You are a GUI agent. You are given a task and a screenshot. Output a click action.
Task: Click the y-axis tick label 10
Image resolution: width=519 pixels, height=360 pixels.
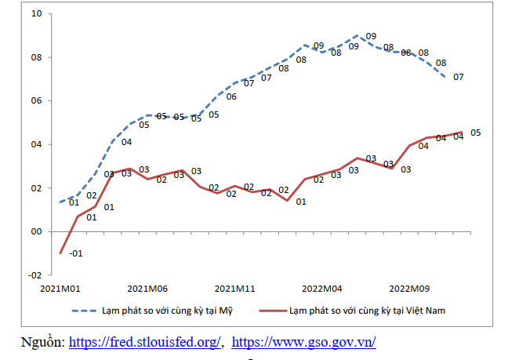click(37, 13)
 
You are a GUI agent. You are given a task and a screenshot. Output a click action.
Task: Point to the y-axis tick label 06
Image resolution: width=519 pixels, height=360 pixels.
click(37, 100)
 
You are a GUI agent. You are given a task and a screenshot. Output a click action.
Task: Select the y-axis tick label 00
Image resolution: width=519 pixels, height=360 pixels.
click(37, 231)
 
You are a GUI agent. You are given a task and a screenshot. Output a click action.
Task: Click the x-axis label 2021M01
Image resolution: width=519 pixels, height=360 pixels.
click(60, 288)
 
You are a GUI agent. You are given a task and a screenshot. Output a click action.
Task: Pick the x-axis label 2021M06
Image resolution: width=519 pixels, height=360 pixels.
click(147, 288)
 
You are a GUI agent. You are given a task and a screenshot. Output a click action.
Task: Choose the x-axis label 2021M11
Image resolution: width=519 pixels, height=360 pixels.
click(235, 288)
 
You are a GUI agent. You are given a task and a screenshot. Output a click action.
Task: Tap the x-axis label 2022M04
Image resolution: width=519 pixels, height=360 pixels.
click(322, 288)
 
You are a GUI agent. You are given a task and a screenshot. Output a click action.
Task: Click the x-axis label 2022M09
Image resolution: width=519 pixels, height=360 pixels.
click(409, 288)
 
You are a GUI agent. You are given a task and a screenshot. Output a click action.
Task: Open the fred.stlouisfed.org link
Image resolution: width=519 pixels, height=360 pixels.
click(146, 342)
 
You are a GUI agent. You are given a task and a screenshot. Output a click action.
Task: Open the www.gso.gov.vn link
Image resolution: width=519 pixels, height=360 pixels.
click(303, 342)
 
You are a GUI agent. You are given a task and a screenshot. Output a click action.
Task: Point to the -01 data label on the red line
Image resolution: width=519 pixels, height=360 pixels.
click(76, 253)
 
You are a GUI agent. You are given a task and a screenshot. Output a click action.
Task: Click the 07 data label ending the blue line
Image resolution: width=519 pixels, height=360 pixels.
click(458, 77)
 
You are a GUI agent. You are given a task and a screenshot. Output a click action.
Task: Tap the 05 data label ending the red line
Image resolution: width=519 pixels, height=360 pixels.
click(475, 133)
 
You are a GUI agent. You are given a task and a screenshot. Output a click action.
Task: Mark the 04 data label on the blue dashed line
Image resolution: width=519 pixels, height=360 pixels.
click(126, 142)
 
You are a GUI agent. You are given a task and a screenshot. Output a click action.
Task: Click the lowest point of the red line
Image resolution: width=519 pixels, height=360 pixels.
click(61, 253)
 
